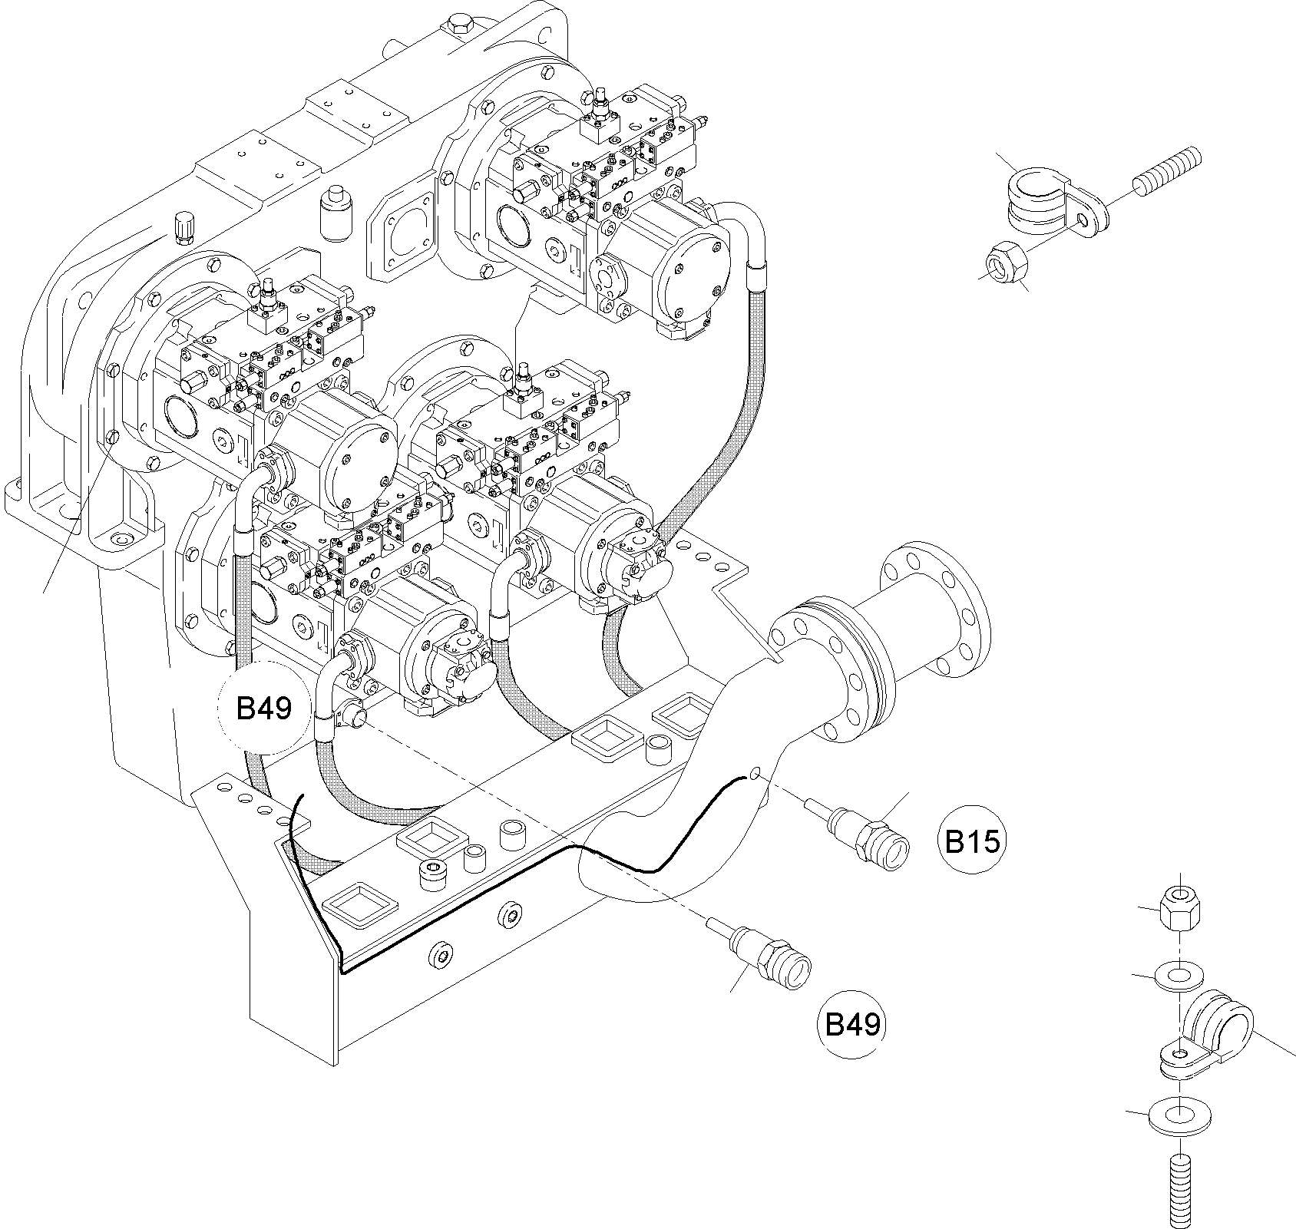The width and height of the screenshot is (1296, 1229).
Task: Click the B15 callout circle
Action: [x=972, y=841]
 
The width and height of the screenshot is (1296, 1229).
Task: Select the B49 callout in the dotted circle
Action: [x=264, y=707]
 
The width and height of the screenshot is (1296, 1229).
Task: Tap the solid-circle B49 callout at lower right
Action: [x=852, y=1024]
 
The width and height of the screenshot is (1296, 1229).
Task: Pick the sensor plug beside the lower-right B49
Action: [x=772, y=952]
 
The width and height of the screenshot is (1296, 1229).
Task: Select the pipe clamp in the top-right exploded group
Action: [x=1044, y=202]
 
